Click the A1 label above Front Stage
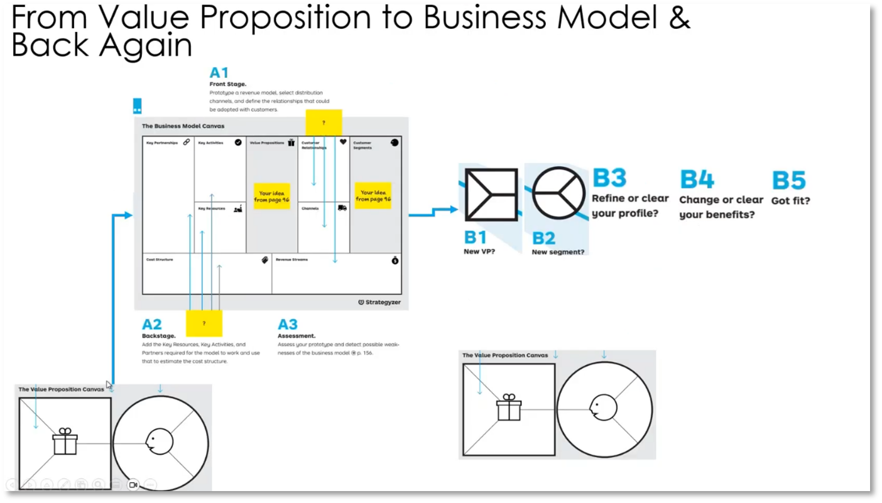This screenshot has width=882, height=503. (x=219, y=73)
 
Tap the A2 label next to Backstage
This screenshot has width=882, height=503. (x=152, y=325)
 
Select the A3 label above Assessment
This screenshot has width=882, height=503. (x=288, y=325)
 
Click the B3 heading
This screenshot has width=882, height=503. (x=609, y=178)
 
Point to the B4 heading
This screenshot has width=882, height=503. (x=697, y=180)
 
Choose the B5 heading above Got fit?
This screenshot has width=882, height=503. (x=788, y=181)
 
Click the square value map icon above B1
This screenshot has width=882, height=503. (x=491, y=195)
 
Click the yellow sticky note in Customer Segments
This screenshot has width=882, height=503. (x=373, y=196)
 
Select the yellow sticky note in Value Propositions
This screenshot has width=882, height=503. (x=271, y=196)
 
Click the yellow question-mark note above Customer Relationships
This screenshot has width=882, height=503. (x=324, y=122)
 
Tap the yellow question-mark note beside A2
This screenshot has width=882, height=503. (x=204, y=323)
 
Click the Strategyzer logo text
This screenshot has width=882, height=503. (x=383, y=302)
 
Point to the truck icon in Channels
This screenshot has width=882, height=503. (x=342, y=208)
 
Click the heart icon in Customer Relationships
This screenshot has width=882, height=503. (x=343, y=143)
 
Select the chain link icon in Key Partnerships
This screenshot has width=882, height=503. (x=187, y=143)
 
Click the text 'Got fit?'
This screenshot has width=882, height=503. (x=790, y=201)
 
